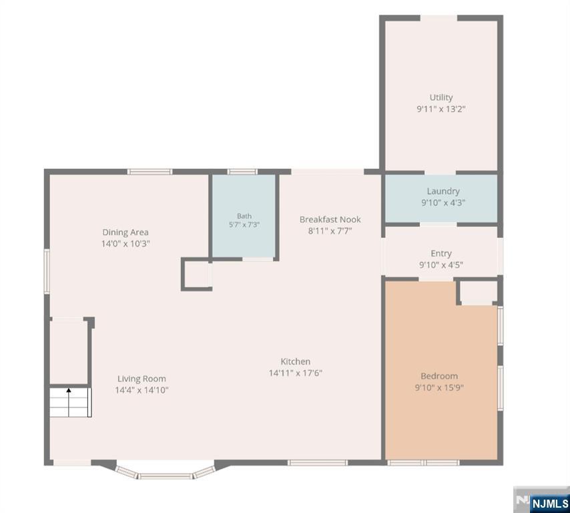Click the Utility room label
[441, 98]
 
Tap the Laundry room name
[443, 191]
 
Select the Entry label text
[441, 253]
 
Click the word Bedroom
[439, 376]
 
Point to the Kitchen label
[295, 361]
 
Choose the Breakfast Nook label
[330, 219]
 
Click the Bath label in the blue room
[244, 216]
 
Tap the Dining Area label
[125, 232]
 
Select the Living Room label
[141, 379]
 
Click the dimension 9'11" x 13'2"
[441, 109]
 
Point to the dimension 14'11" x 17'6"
[296, 373]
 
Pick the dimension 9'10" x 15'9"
[439, 387]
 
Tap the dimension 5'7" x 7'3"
[244, 225]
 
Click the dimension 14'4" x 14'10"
[141, 390]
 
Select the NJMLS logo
[542, 500]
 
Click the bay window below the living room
[166, 472]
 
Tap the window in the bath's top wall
[242, 172]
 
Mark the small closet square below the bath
[197, 275]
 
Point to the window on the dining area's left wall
[47, 271]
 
